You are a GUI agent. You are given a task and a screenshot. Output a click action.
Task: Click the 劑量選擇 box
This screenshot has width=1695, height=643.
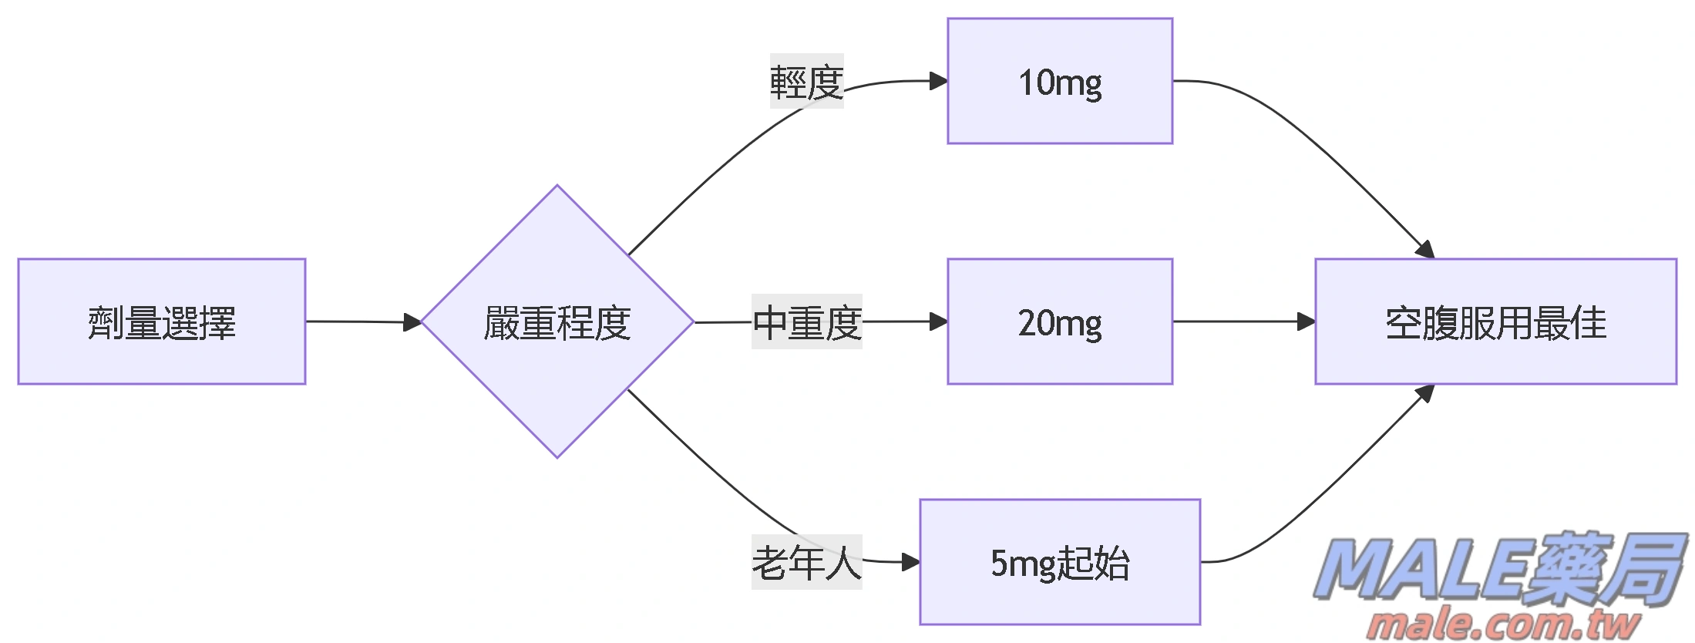(162, 321)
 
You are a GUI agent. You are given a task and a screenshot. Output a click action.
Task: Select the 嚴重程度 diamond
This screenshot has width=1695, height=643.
(557, 321)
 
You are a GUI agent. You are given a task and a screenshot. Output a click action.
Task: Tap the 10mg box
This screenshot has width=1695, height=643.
(1060, 81)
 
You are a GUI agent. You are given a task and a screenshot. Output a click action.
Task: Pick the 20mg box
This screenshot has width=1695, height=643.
(1060, 321)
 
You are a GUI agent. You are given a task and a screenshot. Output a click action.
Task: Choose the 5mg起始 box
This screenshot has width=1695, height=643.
(1060, 562)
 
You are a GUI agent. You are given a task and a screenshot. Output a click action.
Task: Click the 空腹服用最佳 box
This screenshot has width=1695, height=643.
(1495, 321)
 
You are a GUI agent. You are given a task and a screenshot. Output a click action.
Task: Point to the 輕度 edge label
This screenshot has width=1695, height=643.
(806, 81)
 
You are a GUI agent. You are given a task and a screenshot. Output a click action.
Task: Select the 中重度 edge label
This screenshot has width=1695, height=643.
(806, 321)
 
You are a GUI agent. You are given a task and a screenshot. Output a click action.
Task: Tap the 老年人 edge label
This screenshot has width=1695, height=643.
(806, 562)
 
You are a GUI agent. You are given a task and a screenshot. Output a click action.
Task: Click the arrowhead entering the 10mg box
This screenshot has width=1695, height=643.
(939, 81)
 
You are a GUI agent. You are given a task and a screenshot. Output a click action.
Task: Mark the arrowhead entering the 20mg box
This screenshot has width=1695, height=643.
(939, 321)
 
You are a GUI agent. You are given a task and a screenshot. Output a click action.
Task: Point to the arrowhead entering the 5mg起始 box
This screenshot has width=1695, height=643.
(911, 562)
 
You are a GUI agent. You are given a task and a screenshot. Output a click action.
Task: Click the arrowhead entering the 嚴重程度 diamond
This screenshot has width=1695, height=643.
(413, 322)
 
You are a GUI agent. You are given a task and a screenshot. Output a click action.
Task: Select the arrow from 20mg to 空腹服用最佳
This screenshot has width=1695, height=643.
(1241, 321)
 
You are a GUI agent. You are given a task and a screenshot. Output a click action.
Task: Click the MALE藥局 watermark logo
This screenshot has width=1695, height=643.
(1499, 569)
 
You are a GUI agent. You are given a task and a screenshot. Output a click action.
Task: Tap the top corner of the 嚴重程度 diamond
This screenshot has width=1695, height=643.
(557, 187)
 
